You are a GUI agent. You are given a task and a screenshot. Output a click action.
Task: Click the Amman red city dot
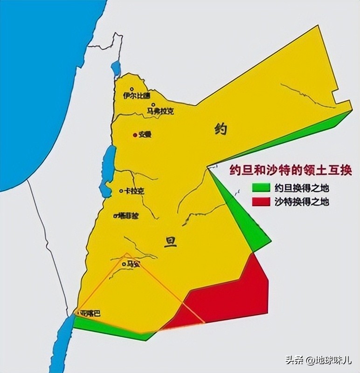(x=135, y=135)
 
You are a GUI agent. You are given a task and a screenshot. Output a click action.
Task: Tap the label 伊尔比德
(x=137, y=96)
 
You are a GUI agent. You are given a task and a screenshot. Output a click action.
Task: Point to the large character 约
(x=221, y=129)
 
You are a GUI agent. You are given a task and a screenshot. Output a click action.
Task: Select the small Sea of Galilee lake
(x=116, y=69)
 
